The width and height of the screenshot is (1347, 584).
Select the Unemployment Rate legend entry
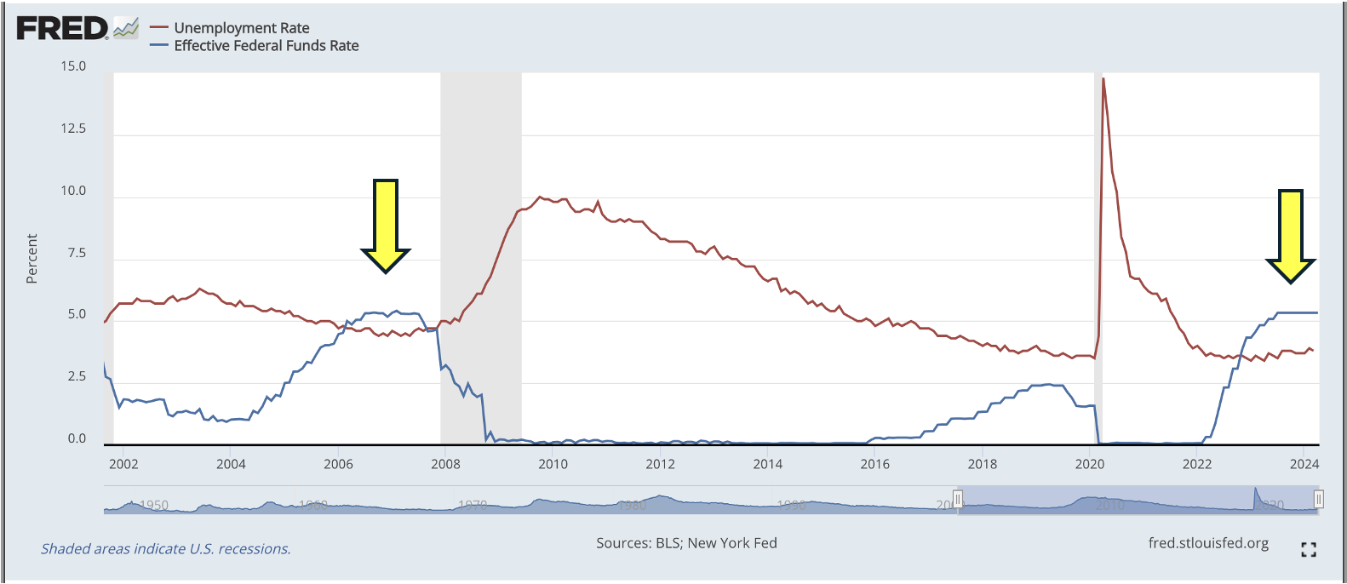[241, 28]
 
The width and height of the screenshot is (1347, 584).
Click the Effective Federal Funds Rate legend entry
[266, 46]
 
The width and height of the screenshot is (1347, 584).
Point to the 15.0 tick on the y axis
[73, 66]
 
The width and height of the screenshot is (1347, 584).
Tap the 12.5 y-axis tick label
[73, 129]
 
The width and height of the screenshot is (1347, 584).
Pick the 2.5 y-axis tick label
[77, 376]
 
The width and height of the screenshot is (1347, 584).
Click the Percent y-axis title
[32, 259]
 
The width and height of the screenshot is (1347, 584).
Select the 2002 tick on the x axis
[123, 464]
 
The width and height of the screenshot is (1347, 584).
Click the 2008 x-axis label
[445, 464]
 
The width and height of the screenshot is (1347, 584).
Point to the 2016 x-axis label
[874, 464]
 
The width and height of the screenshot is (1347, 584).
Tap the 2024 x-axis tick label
[1304, 464]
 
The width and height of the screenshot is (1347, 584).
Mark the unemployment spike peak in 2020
[1103, 79]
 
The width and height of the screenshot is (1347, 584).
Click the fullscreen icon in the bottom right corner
[1309, 550]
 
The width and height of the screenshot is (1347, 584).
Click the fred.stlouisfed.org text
[1208, 543]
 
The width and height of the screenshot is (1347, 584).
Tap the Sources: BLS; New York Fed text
[686, 543]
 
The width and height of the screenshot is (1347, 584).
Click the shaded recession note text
[166, 549]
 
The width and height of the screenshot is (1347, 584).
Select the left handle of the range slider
[958, 499]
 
